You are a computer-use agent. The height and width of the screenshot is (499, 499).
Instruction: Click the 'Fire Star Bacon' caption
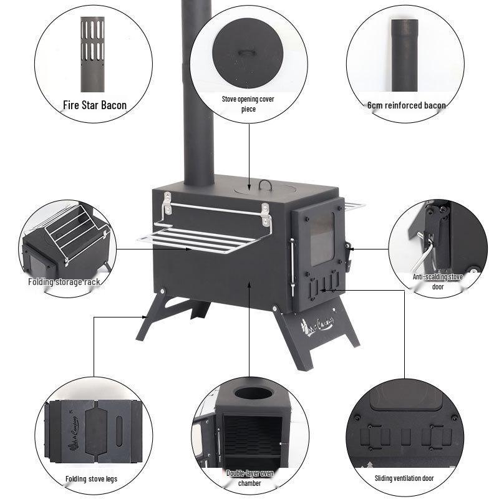point(95,105)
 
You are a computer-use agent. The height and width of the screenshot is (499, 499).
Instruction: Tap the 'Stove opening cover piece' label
point(248,104)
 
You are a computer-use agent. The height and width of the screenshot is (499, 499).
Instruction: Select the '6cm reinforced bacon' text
point(406,105)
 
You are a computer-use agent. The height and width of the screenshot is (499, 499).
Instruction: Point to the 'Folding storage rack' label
point(64,282)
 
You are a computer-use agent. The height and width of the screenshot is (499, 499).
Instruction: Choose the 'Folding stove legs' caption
point(91,479)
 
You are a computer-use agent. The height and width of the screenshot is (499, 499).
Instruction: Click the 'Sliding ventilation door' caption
point(405,479)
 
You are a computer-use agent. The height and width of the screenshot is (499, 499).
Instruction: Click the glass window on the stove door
point(322,240)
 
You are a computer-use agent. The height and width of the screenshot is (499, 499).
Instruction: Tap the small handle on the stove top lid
point(266,184)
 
